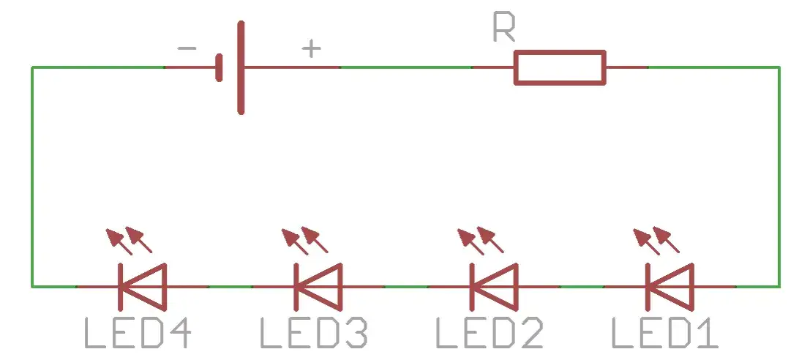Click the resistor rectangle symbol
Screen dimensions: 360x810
pyautogui.click(x=560, y=67)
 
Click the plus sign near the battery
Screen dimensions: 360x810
pyautogui.click(x=312, y=49)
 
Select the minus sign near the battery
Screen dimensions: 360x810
pyautogui.click(x=187, y=49)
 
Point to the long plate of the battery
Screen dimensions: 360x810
pyautogui.click(x=241, y=67)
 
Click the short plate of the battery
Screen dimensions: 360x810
pyautogui.click(x=219, y=68)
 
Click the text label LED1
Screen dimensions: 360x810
pyautogui.click(x=664, y=333)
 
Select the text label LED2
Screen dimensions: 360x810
pyautogui.click(x=490, y=333)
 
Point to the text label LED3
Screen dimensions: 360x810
pyautogui.click(x=314, y=333)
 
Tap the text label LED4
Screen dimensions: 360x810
pyautogui.click(x=138, y=333)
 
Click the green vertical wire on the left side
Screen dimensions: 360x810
pyautogui.click(x=32, y=176)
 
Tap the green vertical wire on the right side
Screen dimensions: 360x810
pyautogui.click(x=779, y=176)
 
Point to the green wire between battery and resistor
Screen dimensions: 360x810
pyautogui.click(x=406, y=67)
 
